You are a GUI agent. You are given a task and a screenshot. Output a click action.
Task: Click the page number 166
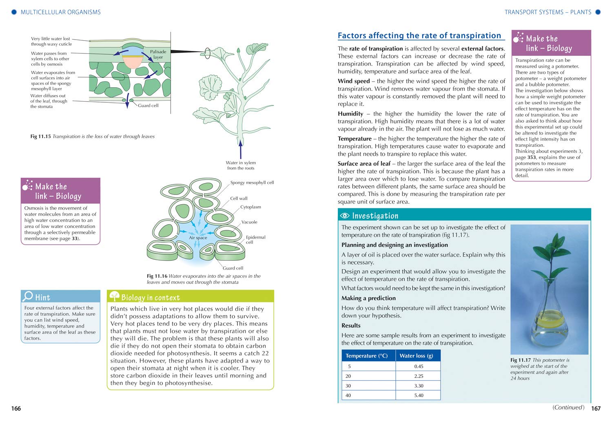(x=16, y=409)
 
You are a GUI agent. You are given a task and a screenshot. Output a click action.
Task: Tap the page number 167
(x=596, y=409)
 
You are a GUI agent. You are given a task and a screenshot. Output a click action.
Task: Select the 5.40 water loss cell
(x=419, y=395)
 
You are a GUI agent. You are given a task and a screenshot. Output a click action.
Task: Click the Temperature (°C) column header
(x=366, y=356)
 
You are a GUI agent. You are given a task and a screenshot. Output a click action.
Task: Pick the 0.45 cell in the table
(x=419, y=367)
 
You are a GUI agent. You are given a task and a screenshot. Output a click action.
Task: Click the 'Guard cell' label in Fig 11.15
(x=148, y=106)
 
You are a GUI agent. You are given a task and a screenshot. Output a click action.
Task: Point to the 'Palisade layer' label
(x=158, y=55)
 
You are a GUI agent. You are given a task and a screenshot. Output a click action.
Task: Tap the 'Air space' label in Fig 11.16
(x=198, y=238)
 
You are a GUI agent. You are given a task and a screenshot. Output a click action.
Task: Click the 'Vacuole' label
(x=249, y=222)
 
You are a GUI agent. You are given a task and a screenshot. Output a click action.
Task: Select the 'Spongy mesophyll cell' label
(x=252, y=183)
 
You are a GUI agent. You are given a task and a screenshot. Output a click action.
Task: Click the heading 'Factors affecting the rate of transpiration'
(x=419, y=36)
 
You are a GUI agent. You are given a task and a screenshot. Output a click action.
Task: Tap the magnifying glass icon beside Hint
(x=28, y=296)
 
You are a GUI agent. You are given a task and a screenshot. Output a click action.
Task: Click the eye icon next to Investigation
(x=345, y=216)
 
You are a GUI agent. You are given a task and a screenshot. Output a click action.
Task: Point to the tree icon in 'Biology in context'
(x=114, y=296)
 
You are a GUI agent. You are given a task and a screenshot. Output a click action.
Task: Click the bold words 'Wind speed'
(x=354, y=81)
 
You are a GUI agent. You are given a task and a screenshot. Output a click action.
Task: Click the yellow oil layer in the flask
(x=550, y=317)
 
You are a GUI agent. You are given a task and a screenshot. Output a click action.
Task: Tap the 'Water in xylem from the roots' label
(x=241, y=165)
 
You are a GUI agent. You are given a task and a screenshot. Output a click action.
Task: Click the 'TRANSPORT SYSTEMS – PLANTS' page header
(x=548, y=12)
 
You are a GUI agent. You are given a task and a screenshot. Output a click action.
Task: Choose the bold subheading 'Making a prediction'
(x=368, y=298)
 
